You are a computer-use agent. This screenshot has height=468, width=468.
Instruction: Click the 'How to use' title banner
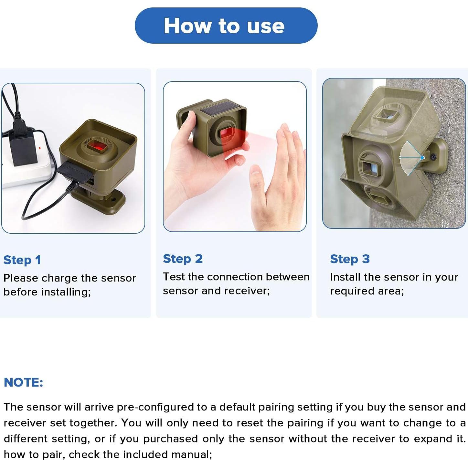[226, 26]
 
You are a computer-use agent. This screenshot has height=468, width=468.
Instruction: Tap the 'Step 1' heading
[22, 260]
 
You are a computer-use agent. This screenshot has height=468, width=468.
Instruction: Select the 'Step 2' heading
[183, 259]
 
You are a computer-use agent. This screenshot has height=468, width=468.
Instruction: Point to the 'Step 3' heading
[350, 259]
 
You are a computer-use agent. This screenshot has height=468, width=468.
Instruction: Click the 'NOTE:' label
[24, 382]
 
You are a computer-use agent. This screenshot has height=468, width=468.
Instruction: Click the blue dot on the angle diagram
[422, 158]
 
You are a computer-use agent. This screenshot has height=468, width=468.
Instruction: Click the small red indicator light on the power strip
[39, 147]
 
